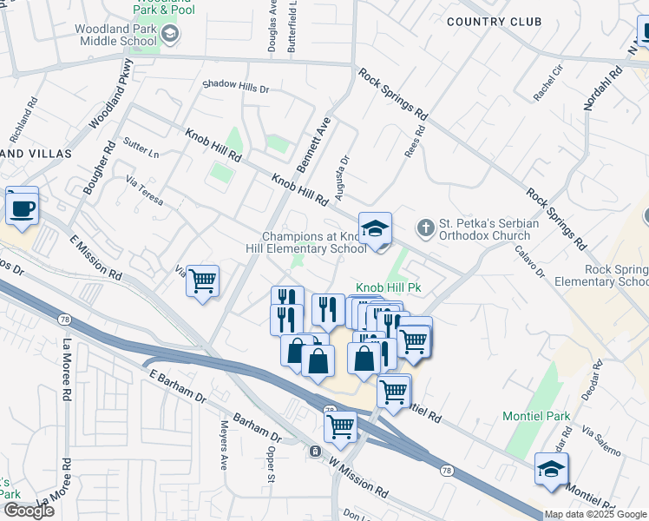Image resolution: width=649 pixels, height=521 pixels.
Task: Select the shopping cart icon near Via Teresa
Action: (202, 281)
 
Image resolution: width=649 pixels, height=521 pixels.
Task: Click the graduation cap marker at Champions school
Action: (375, 229)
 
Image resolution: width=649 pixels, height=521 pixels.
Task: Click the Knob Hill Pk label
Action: (388, 288)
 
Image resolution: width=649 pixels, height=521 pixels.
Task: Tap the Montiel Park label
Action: (537, 416)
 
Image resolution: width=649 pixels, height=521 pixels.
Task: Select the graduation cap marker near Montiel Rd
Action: (550, 470)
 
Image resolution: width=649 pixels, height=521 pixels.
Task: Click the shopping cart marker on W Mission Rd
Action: (340, 426)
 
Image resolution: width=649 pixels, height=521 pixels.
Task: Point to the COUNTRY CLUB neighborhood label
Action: (494, 22)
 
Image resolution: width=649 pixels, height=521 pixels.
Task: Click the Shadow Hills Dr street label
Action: (236, 88)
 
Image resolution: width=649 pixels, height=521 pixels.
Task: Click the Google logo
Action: (29, 510)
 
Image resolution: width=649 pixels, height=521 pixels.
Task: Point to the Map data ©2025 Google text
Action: (595, 514)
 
